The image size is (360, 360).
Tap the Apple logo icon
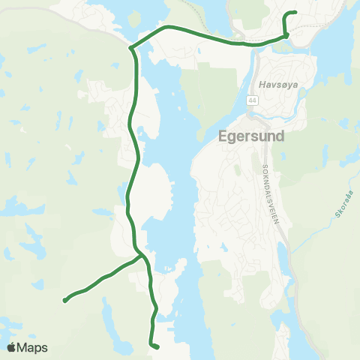click(12, 347)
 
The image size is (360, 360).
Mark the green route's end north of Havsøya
click(296, 13)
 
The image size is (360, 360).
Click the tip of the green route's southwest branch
click(65, 301)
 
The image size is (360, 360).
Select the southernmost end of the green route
click(157, 346)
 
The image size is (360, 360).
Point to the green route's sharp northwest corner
click(131, 48)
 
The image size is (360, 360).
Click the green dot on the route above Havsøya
click(286, 35)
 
